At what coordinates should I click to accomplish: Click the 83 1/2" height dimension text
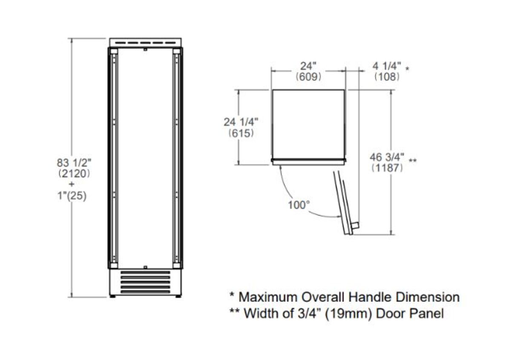[74, 163]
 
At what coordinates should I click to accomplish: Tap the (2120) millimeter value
[74, 174]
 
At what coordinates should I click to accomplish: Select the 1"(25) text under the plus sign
[72, 196]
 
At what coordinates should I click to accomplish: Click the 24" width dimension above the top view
[308, 66]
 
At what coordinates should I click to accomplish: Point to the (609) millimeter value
[308, 77]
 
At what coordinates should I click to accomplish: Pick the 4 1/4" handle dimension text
[387, 66]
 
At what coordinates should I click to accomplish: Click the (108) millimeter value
[387, 77]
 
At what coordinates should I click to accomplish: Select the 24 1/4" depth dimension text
[241, 122]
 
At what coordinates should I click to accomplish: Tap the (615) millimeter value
[241, 133]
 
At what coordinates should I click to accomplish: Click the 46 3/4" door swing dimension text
[387, 157]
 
